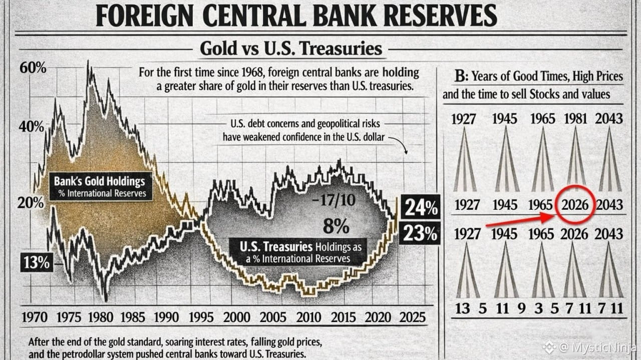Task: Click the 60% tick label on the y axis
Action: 33,68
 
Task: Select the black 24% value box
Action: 421,207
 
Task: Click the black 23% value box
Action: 421,233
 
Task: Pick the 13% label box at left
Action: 37,262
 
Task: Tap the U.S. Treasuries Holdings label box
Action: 298,252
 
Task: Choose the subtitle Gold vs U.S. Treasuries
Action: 290,49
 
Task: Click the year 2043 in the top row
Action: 609,119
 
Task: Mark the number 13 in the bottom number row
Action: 462,307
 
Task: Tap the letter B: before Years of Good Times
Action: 460,77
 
